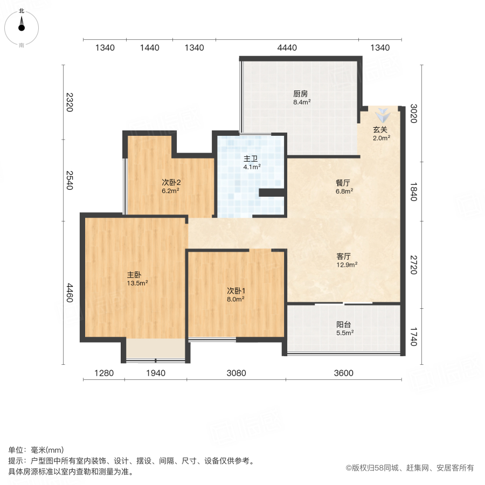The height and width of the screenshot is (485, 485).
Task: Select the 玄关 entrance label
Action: [380, 129]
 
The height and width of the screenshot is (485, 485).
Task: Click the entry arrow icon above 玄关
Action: [383, 115]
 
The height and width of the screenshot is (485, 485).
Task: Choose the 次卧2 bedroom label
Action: [171, 182]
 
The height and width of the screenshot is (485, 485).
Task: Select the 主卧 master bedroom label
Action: [134, 273]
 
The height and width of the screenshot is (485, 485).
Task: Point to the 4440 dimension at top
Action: [287, 48]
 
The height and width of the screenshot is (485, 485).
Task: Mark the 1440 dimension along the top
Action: [150, 48]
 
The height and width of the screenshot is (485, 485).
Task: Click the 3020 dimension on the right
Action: [413, 114]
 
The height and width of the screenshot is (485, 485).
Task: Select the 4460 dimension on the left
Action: [70, 293]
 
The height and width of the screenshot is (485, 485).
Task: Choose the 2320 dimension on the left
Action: [70, 102]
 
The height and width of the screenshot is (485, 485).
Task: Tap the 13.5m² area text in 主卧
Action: [137, 282]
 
